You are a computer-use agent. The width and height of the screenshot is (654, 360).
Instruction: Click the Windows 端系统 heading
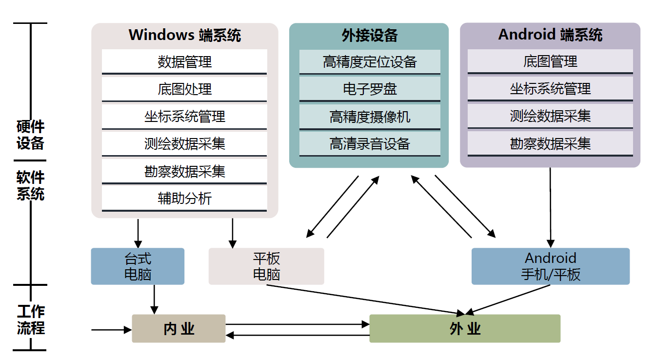184,35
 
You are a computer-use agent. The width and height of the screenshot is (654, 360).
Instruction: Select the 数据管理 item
184,62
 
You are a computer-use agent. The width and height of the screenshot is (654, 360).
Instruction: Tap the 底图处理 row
184,89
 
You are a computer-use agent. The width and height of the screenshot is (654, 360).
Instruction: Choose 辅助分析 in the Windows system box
184,199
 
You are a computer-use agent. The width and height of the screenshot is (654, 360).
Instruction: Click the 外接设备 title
369,35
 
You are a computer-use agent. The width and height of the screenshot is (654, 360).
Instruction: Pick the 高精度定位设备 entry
369,62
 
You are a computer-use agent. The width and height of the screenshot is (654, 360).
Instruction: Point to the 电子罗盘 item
369,89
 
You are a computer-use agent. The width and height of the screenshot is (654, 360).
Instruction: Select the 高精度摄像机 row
369,117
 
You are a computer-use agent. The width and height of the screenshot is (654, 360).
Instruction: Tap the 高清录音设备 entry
369,144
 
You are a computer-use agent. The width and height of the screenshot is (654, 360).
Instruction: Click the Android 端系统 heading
550,35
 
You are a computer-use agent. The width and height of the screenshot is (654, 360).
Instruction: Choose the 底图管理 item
550,61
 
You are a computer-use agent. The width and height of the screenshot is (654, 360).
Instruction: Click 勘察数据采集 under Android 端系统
550,144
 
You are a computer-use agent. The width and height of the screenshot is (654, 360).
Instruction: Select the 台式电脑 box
138,266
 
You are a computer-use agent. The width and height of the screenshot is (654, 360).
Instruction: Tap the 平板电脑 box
266,266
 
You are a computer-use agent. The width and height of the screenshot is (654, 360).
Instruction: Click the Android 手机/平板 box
551,266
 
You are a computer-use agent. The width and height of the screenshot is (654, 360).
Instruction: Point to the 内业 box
178,328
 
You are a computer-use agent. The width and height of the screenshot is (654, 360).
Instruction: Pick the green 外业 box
465,328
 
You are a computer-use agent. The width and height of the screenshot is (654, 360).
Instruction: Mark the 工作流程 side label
30,320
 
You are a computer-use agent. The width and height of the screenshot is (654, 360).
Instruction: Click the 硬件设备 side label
30,135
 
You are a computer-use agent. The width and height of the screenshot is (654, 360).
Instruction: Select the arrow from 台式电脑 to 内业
154,299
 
